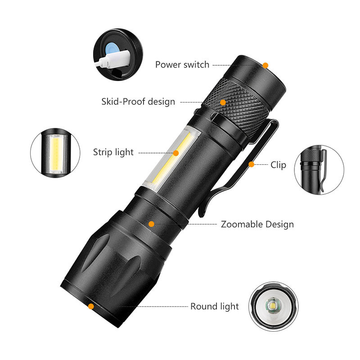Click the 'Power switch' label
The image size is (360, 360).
coord(182,64)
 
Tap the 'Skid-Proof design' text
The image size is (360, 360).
coord(138,101)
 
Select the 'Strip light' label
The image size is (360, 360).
coord(113,152)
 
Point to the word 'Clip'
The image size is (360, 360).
coord(278,165)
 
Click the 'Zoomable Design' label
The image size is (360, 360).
coord(257,224)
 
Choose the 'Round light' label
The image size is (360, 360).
coord(215,306)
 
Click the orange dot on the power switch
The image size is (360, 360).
coord(265,65)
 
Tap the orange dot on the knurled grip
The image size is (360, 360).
coord(223,102)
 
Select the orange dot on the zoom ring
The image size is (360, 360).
coord(152,224)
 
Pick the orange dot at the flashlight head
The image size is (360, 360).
coord(91,306)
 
